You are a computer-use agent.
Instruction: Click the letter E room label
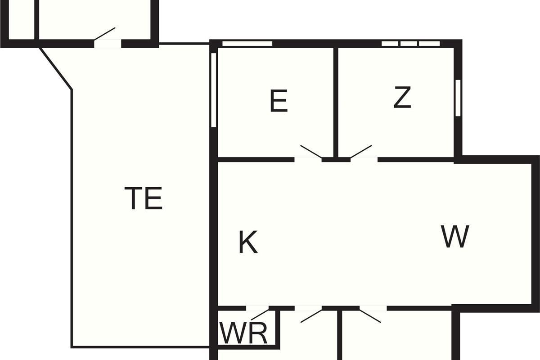pyautogui.click(x=279, y=101)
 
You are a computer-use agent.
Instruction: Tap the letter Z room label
pyautogui.click(x=402, y=98)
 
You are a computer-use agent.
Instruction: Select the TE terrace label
pyautogui.click(x=144, y=198)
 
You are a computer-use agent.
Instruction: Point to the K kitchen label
pyautogui.click(x=248, y=243)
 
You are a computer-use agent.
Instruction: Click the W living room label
pyautogui.click(x=455, y=237)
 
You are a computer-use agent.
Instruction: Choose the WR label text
pyautogui.click(x=243, y=333)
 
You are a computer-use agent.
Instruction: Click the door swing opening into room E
pyautogui.click(x=310, y=153)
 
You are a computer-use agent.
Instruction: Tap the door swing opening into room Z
pyautogui.click(x=362, y=152)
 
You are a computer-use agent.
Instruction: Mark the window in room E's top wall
pyautogui.click(x=247, y=44)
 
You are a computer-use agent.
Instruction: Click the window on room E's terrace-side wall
pyautogui.click(x=214, y=90)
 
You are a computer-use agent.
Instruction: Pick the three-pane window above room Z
pyautogui.click(x=410, y=44)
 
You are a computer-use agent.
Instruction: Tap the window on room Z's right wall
pyautogui.click(x=458, y=98)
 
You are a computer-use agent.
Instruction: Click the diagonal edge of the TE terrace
pyautogui.click(x=56, y=68)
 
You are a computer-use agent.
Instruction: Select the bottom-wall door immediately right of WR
pyautogui.click(x=310, y=315)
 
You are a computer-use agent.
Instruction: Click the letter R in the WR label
pyautogui.click(x=258, y=333)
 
